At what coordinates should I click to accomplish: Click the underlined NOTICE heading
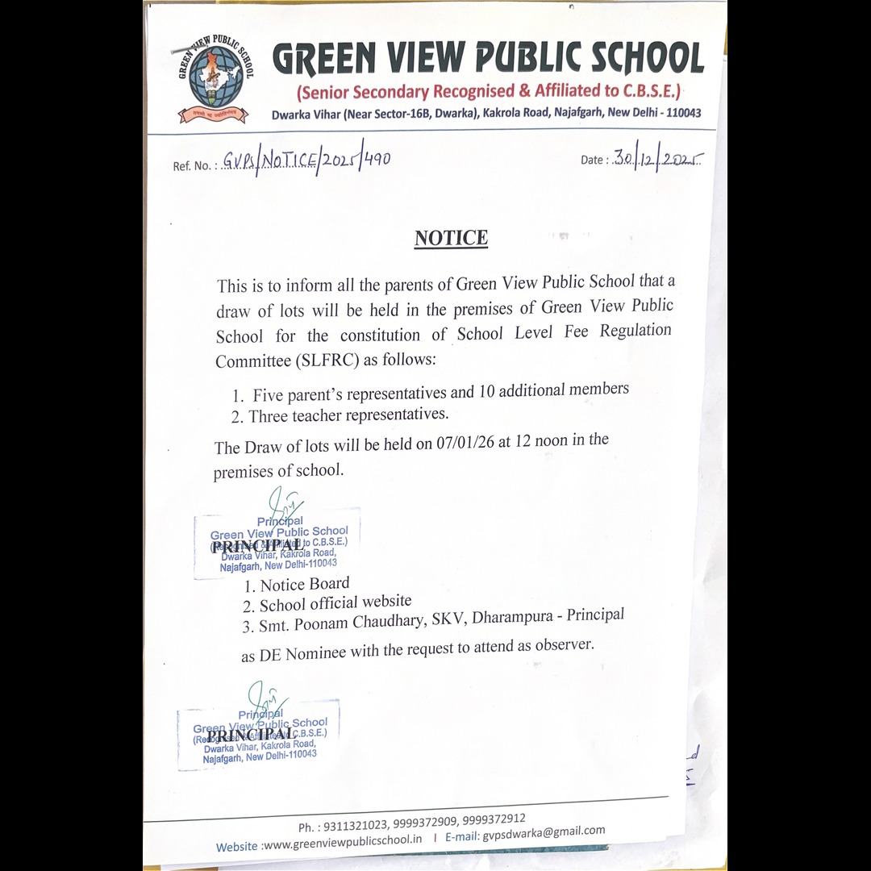point(451,238)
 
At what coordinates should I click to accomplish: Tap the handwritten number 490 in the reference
point(377,158)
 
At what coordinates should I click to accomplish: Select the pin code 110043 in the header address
point(680,114)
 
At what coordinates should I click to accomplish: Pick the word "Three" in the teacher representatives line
point(270,417)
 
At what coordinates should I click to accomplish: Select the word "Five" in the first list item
point(269,395)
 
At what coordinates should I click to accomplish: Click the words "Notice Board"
point(305,584)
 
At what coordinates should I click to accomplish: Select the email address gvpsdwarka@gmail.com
point(544,833)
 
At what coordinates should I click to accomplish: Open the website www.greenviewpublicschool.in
point(343,841)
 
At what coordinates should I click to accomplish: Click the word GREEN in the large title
point(324,59)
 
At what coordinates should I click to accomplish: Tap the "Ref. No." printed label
point(192,165)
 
